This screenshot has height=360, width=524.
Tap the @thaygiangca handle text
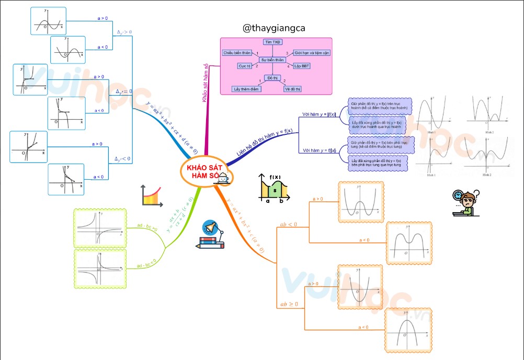coord(274,29)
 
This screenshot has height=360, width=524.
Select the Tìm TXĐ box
coord(272,42)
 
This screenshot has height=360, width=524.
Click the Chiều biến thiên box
coord(237,53)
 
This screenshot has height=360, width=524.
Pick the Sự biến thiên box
coord(272,60)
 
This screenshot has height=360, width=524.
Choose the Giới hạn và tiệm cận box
coord(311,53)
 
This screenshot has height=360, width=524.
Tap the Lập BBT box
coord(302,66)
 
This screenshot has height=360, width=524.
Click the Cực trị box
coord(245,66)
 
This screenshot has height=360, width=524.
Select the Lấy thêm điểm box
coord(246,89)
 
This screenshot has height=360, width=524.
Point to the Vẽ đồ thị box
coord(292,89)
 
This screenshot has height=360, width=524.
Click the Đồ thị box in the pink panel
coord(272,77)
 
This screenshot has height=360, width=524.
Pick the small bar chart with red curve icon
coord(152,195)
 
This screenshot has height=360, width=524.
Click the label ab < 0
coord(289,224)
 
